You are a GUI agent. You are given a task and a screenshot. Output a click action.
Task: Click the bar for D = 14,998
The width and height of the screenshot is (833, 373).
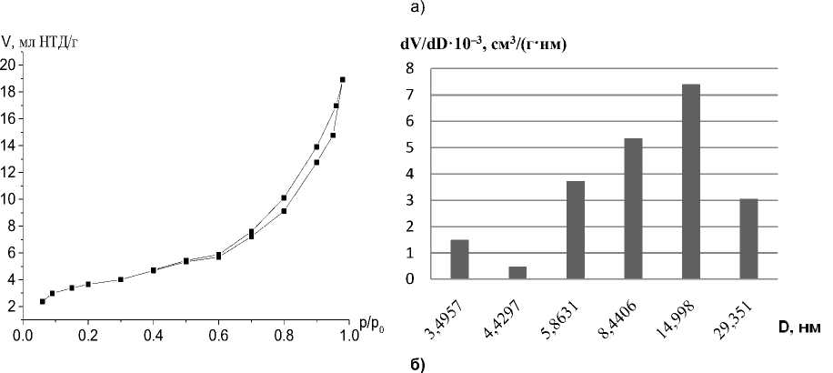(691, 182)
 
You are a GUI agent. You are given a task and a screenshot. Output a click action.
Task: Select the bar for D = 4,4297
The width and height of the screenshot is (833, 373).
(517, 273)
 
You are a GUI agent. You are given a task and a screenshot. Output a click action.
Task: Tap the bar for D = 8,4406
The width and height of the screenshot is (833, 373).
(633, 209)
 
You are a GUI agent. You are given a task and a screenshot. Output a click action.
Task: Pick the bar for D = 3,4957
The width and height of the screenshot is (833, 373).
(460, 259)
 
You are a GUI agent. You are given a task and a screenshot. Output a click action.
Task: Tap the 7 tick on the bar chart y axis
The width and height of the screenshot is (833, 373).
(410, 95)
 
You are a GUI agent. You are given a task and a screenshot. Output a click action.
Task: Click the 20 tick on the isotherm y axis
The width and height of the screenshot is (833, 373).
(9, 65)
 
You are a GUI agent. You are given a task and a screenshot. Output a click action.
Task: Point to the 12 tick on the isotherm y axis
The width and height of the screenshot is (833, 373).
(9, 172)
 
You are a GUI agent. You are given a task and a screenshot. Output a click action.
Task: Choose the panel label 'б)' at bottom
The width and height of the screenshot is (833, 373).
(415, 364)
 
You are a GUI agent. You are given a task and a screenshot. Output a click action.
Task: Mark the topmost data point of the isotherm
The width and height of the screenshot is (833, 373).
(343, 79)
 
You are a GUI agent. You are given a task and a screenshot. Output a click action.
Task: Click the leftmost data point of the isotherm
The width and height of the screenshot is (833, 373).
(43, 301)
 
